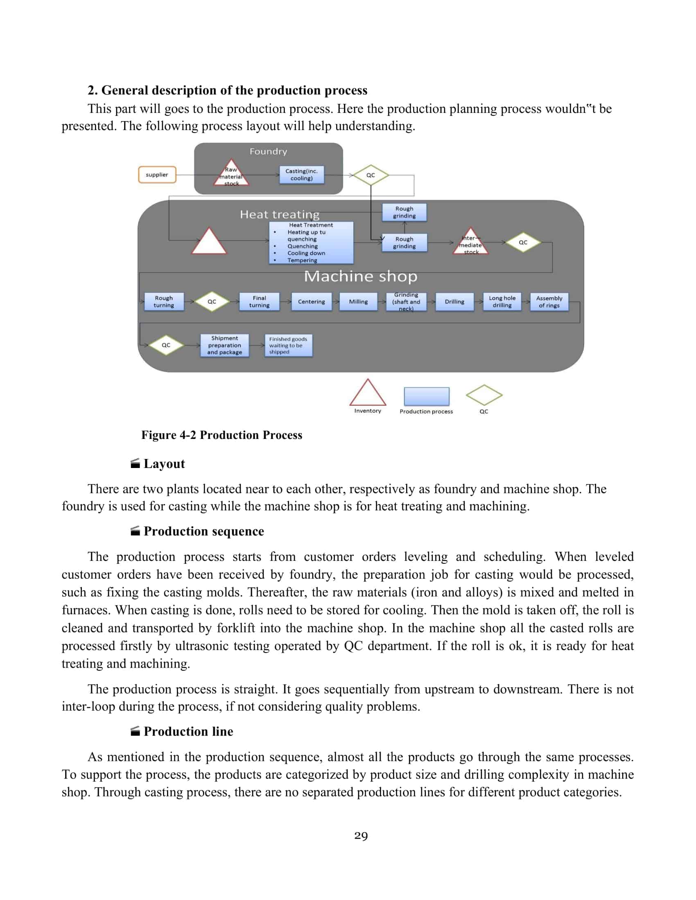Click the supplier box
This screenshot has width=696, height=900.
[x=157, y=175]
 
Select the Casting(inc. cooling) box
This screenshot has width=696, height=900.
[x=301, y=175]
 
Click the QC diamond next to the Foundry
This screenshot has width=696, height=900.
[x=371, y=175]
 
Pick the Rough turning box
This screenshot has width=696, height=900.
[x=164, y=301]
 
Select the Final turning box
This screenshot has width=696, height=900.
[x=259, y=301]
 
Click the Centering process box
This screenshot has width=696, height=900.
[x=311, y=301]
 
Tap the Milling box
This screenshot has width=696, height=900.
[x=358, y=301]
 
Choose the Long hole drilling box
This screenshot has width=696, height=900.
[x=502, y=301]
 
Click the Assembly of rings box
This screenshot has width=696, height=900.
[x=549, y=301]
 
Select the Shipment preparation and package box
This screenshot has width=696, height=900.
[x=224, y=345]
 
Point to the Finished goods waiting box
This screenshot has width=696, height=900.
[x=288, y=345]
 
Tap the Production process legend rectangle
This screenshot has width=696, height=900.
[x=426, y=396]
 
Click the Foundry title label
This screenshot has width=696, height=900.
[x=268, y=152]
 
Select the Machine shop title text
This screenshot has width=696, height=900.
[x=360, y=277]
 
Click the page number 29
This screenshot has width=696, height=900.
[x=361, y=836]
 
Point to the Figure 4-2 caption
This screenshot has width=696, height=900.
[x=221, y=435]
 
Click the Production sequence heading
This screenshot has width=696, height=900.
[x=204, y=531]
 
